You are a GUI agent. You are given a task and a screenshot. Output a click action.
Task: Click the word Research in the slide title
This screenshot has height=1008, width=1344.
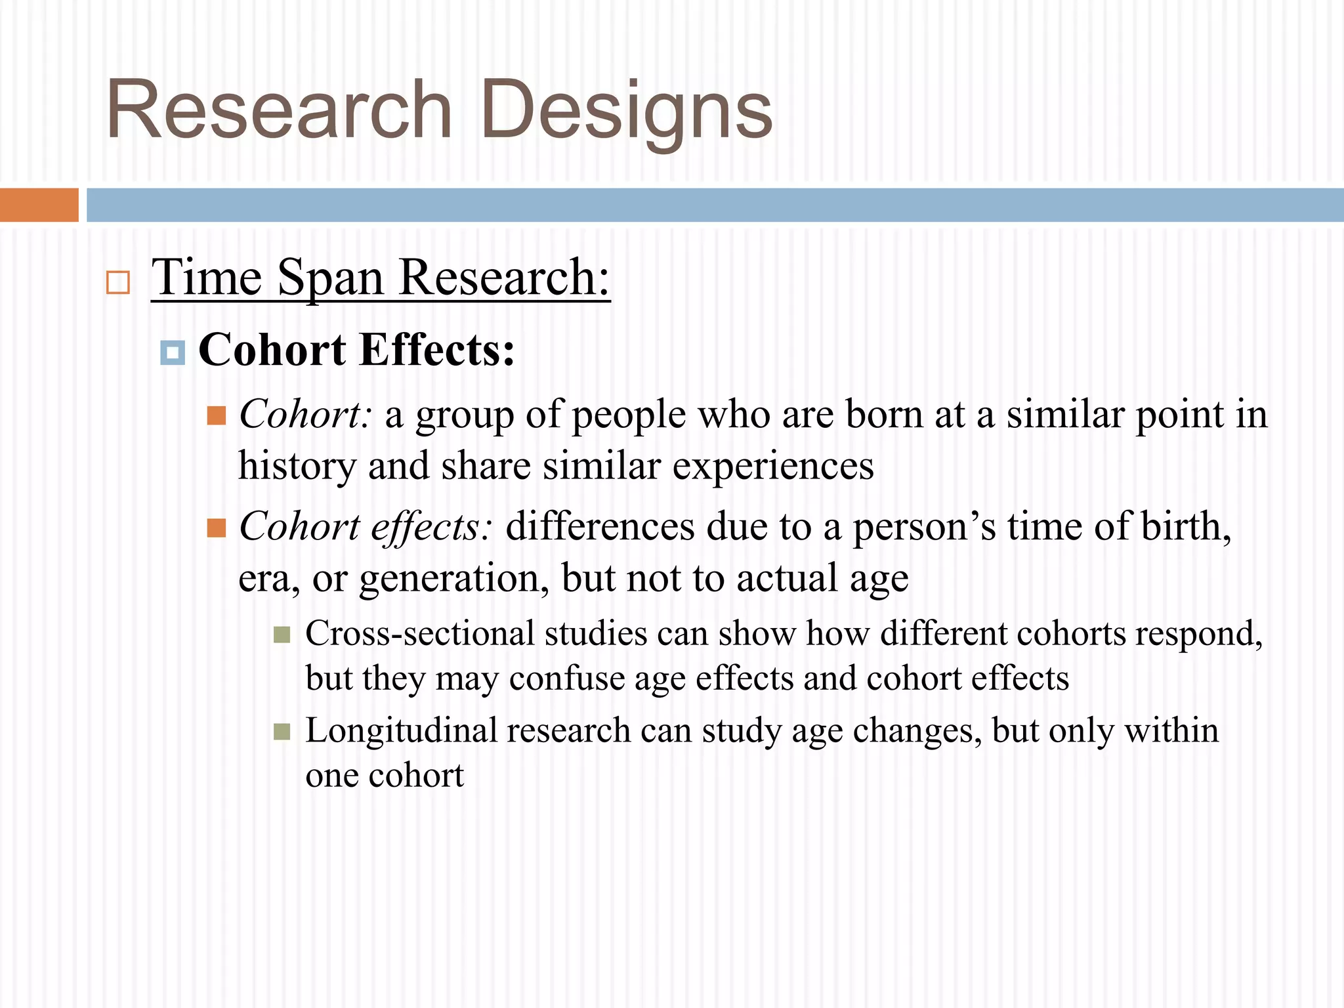(x=279, y=110)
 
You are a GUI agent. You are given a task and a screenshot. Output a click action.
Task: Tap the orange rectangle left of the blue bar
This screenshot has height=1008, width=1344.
(x=39, y=205)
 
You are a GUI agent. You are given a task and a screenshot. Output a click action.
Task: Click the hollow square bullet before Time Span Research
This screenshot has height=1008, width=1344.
(x=118, y=282)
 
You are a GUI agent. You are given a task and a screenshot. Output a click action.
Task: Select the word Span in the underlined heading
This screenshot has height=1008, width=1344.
(x=330, y=278)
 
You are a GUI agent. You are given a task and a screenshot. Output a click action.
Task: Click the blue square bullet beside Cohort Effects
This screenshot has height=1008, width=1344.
(x=173, y=352)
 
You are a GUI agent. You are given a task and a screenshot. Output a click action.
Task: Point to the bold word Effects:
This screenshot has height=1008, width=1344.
(x=436, y=350)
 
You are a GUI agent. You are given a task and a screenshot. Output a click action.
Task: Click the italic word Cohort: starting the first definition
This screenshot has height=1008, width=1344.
(x=305, y=415)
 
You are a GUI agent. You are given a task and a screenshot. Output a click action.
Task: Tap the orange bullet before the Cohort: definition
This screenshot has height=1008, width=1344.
(x=217, y=415)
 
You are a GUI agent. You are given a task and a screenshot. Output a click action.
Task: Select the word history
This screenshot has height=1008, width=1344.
(x=297, y=467)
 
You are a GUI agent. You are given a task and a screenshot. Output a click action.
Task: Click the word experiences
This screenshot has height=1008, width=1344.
(x=772, y=467)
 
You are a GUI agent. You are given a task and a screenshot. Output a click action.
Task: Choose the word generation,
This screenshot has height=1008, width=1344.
(x=454, y=579)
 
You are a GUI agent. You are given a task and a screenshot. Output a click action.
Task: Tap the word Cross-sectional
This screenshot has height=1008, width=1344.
(x=420, y=634)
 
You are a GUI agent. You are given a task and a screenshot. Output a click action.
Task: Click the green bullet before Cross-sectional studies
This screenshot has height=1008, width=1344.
(x=282, y=635)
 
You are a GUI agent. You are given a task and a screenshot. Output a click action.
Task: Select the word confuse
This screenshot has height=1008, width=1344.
(x=567, y=679)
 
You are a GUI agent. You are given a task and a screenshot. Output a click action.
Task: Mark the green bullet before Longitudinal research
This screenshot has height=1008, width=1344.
(x=282, y=732)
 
